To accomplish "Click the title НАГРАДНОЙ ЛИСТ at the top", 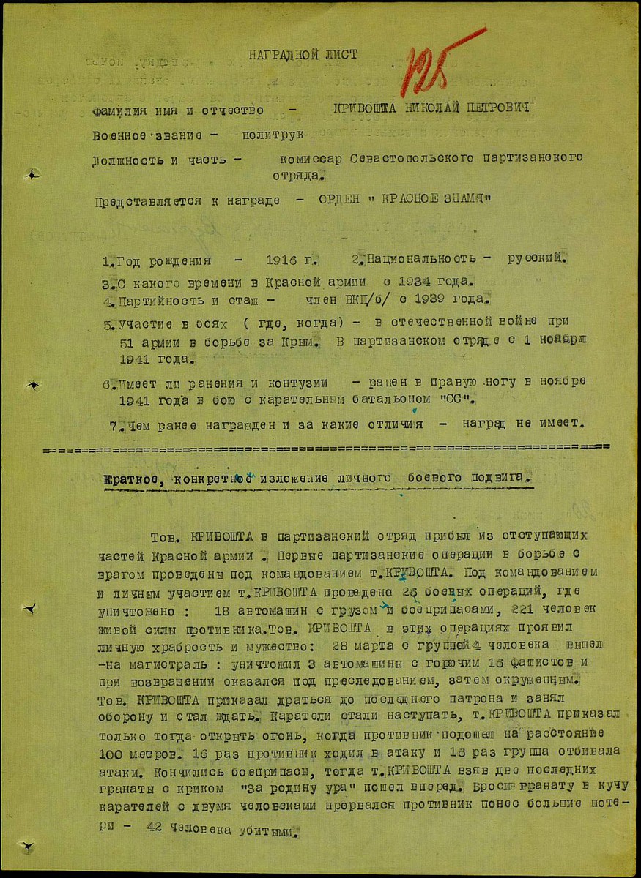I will pos(303,54).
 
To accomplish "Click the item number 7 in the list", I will pos(112,424).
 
